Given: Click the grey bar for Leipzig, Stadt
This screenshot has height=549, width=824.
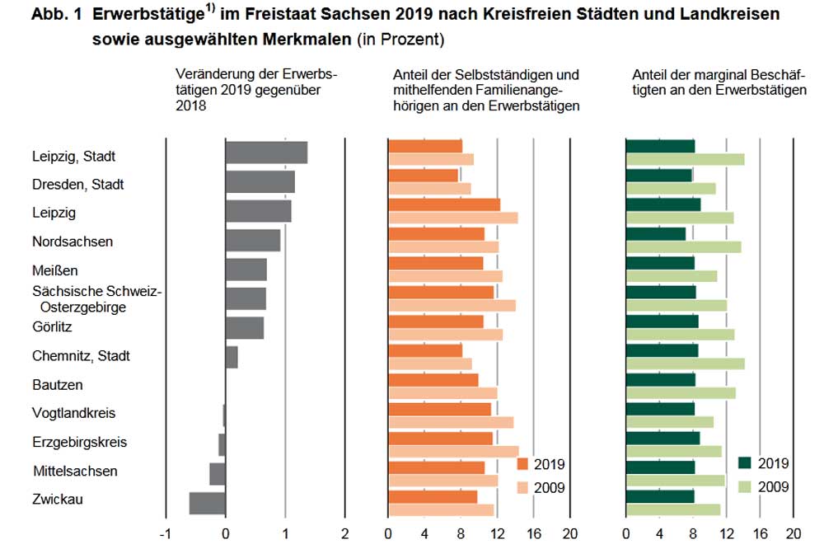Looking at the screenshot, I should (266, 152).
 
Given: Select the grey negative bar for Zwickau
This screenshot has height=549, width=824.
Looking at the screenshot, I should (207, 503).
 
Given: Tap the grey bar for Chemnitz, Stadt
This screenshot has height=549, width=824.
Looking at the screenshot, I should (232, 357).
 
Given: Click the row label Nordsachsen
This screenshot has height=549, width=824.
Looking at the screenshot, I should (73, 242).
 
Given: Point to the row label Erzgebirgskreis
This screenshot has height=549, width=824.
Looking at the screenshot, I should (79, 442).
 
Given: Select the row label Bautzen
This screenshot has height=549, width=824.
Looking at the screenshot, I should (58, 385).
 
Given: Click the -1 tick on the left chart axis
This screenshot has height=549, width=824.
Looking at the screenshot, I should (166, 533).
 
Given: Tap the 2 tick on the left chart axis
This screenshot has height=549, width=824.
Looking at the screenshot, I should (344, 533).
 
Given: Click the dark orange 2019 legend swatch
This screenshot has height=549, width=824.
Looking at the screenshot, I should (523, 464).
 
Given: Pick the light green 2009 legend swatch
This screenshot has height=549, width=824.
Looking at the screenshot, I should (746, 487).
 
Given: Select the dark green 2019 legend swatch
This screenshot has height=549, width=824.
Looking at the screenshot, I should (746, 464).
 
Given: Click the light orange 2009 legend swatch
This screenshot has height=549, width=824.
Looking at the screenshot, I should (523, 487).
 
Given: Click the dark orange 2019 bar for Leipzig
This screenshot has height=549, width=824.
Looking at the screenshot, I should (443, 204).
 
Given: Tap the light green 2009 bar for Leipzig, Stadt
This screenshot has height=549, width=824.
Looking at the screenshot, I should (685, 160).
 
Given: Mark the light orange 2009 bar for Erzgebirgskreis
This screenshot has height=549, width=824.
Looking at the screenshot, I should (452, 451).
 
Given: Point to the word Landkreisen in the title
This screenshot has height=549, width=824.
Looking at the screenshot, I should (732, 15).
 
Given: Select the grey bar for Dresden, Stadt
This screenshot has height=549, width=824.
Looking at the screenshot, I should (260, 181).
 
